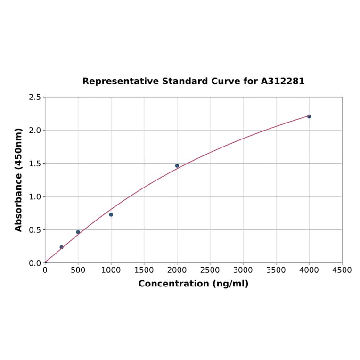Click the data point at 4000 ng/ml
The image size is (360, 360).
(x=309, y=116)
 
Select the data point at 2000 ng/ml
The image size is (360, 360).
(x=177, y=166)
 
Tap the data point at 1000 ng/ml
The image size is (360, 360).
(x=111, y=214)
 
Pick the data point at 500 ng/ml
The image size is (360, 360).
(x=78, y=232)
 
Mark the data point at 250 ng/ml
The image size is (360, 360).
(x=61, y=247)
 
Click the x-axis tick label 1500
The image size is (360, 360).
(x=144, y=270)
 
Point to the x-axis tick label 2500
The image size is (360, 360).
(x=210, y=270)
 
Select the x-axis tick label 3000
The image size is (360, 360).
(x=243, y=270)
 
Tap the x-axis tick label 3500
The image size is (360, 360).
(x=276, y=270)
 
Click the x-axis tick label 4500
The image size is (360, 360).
(x=342, y=270)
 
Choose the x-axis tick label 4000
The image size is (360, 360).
(x=309, y=270)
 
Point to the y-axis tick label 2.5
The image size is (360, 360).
(x=35, y=97)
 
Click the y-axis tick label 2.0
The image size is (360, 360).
(x=35, y=130)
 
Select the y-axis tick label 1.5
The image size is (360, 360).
(x=35, y=164)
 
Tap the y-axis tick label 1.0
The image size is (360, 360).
(x=35, y=196)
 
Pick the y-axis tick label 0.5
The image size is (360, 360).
(x=35, y=230)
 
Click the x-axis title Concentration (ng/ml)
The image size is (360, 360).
(x=193, y=284)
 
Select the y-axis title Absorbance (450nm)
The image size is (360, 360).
(x=19, y=180)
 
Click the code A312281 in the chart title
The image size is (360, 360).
(x=283, y=82)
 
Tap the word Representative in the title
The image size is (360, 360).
(x=121, y=82)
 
